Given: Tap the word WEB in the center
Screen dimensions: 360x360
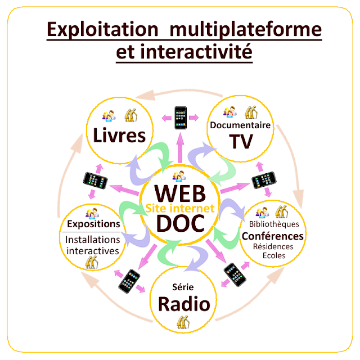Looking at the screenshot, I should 179,192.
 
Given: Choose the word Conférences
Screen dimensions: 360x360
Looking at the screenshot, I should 273,236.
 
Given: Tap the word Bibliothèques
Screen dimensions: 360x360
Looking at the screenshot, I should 273,224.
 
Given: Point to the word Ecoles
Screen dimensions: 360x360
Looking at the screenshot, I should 274,256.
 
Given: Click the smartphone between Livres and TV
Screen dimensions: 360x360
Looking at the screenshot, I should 180,116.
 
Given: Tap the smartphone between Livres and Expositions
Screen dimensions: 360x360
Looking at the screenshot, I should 95,179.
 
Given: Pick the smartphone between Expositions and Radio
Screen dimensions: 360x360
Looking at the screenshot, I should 129,280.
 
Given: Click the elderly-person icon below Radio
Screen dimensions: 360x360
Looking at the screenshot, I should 182,322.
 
